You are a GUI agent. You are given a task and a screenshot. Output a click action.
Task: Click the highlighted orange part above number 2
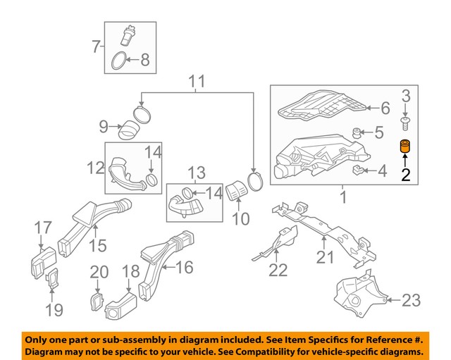405,149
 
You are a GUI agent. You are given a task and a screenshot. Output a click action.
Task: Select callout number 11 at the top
197,81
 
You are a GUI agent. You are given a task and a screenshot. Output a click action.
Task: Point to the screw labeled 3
406,125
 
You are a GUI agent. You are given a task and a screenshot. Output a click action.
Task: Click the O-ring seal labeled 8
120,61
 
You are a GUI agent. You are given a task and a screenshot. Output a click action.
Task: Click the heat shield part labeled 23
358,297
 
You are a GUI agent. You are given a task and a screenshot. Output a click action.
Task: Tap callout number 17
44,228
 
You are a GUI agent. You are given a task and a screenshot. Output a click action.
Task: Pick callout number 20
99,272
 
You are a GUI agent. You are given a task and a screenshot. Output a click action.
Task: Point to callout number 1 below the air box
343,199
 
